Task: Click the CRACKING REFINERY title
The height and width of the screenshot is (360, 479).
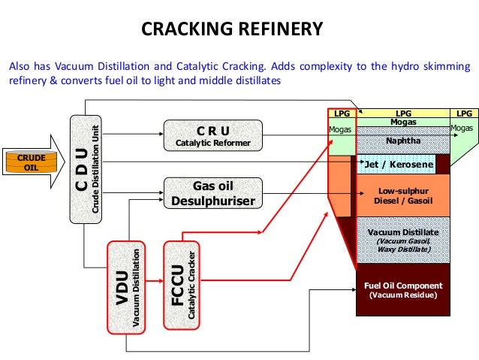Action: click(x=232, y=29)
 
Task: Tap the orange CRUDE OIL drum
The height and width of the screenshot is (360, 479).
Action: click(x=32, y=162)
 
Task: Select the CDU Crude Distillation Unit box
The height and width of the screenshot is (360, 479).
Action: click(x=86, y=169)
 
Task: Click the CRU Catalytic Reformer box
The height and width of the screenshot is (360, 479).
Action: click(x=213, y=135)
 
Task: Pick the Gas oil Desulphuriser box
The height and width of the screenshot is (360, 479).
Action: click(x=213, y=193)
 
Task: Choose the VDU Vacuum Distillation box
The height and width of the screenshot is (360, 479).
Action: click(x=126, y=287)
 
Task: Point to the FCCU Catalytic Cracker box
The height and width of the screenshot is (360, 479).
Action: click(x=182, y=285)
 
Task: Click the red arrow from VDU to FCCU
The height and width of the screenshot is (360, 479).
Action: click(x=155, y=281)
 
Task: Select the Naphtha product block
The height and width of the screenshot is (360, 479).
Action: click(x=403, y=141)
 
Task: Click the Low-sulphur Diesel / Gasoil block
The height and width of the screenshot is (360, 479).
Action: click(x=403, y=195)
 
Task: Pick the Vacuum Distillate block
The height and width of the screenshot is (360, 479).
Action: click(x=403, y=240)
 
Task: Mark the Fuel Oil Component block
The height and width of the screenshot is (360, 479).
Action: click(x=403, y=290)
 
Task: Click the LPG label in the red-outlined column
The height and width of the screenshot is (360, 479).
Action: click(x=342, y=113)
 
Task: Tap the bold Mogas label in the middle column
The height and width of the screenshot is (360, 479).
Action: click(x=403, y=122)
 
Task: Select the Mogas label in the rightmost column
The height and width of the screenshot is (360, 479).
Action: click(x=462, y=129)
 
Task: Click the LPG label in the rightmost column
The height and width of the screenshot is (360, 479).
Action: click(x=464, y=113)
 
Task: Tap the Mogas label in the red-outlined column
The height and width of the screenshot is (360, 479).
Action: click(x=340, y=130)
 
